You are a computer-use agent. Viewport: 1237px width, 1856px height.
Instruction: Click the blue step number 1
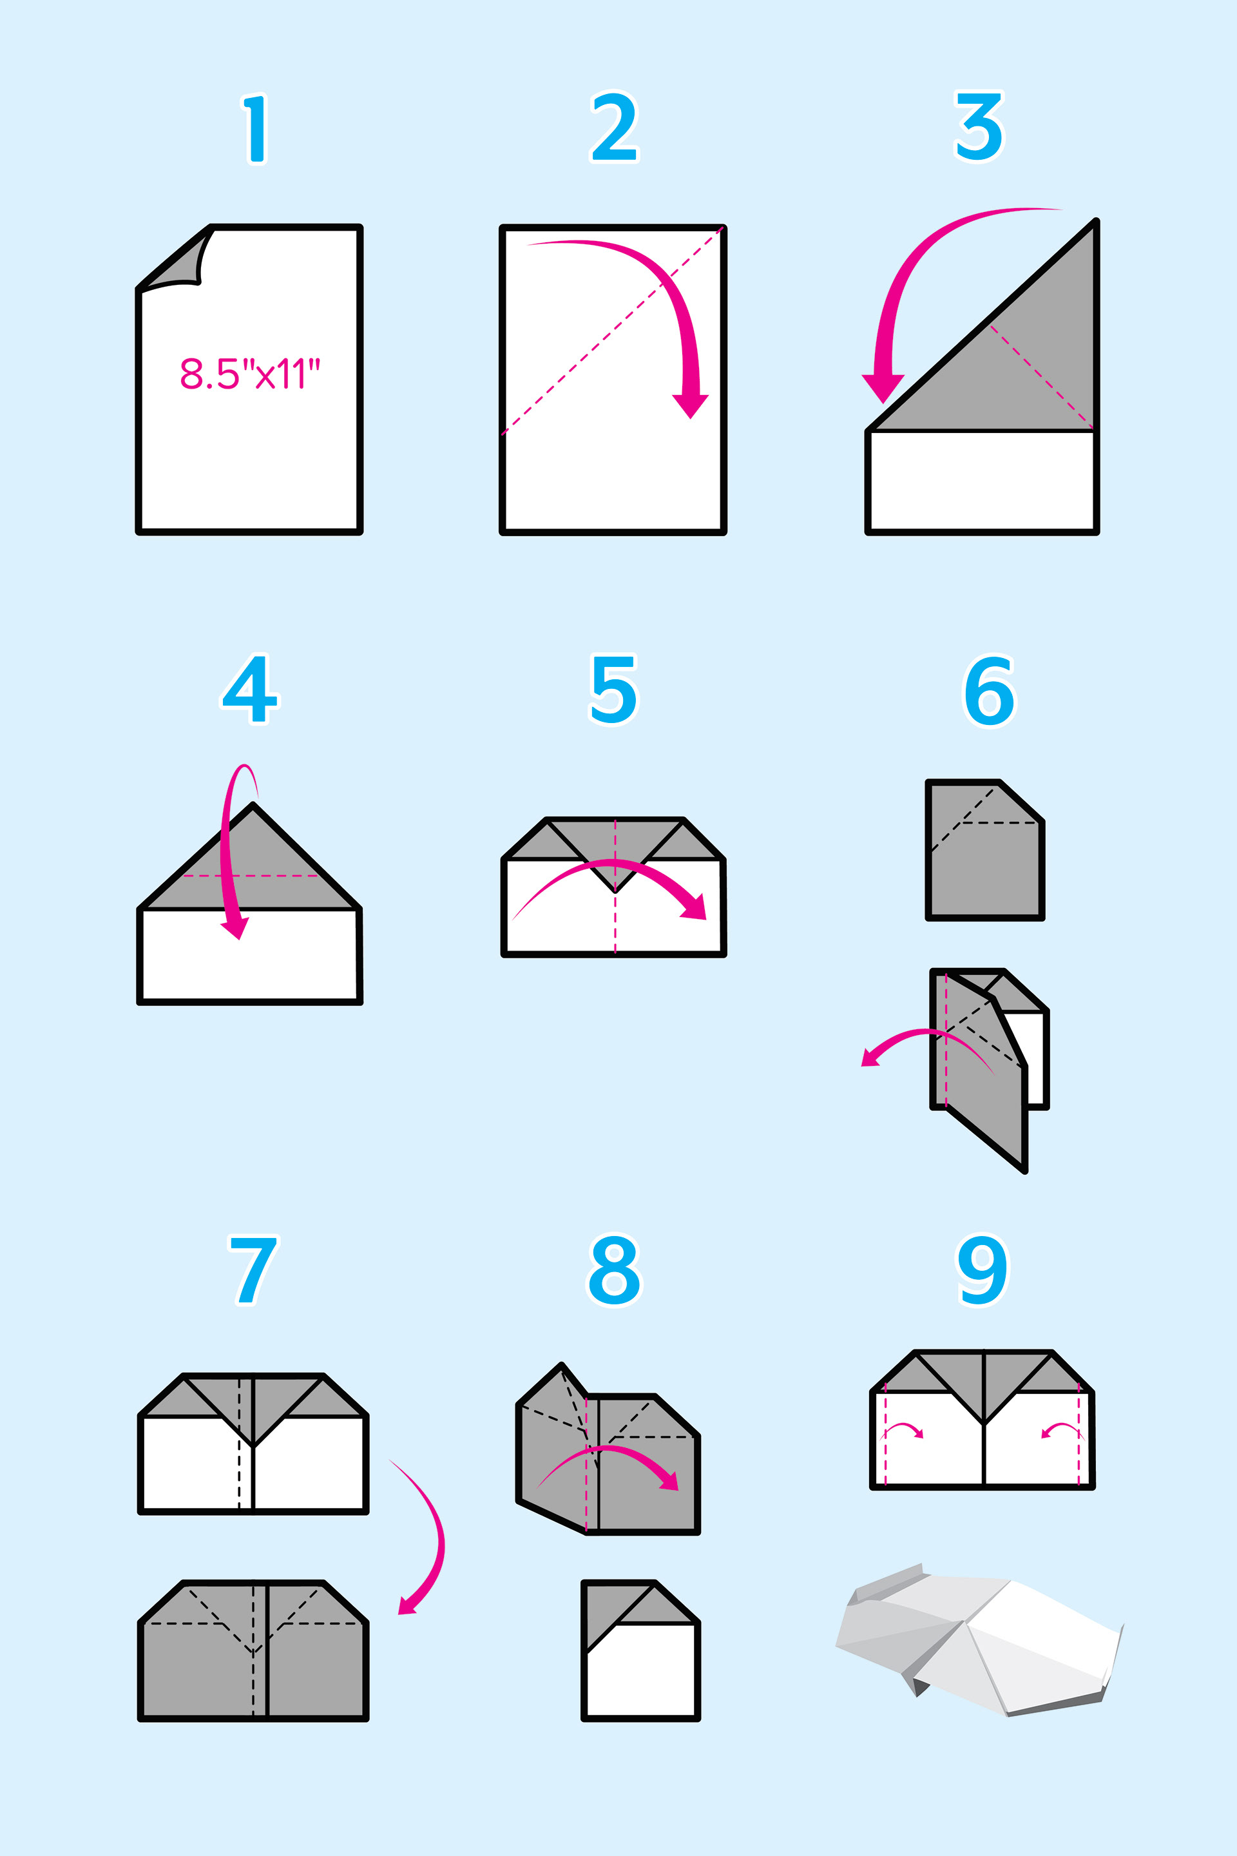tap(255, 129)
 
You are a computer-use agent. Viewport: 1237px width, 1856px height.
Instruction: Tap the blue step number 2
tap(614, 127)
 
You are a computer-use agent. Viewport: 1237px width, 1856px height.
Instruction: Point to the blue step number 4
tap(249, 689)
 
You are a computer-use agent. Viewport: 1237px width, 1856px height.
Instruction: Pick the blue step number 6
tap(990, 690)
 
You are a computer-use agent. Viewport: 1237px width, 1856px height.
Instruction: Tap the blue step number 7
tap(253, 1270)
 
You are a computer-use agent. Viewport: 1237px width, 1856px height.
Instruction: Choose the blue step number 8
tap(615, 1270)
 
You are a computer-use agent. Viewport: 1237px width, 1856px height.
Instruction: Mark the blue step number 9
tap(982, 1270)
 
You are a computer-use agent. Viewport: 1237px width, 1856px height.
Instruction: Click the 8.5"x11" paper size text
tap(250, 374)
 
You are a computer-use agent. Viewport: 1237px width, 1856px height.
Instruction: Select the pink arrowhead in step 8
tap(669, 1480)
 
